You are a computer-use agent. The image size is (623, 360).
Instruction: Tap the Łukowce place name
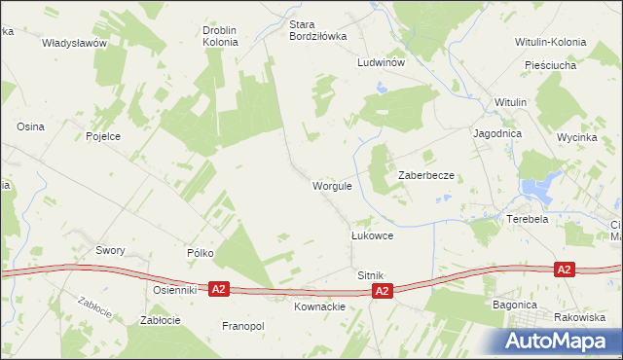tap(371, 236)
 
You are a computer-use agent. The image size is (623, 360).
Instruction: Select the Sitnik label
tap(371, 275)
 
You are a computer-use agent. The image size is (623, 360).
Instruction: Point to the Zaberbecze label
tap(426, 175)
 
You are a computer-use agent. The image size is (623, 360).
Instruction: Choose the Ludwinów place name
tap(380, 61)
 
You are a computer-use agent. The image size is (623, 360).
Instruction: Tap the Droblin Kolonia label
tap(220, 36)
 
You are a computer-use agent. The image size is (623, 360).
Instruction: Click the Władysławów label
tap(74, 43)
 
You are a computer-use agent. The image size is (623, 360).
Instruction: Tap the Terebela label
tap(528, 220)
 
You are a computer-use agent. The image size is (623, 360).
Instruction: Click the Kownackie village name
tap(319, 306)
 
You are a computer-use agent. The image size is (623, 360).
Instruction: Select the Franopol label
tap(243, 326)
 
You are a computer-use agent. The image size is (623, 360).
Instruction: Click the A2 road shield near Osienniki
tap(219, 289)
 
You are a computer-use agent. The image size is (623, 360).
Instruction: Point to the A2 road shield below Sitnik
tap(383, 291)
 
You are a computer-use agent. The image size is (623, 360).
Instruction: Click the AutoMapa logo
tap(558, 341)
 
